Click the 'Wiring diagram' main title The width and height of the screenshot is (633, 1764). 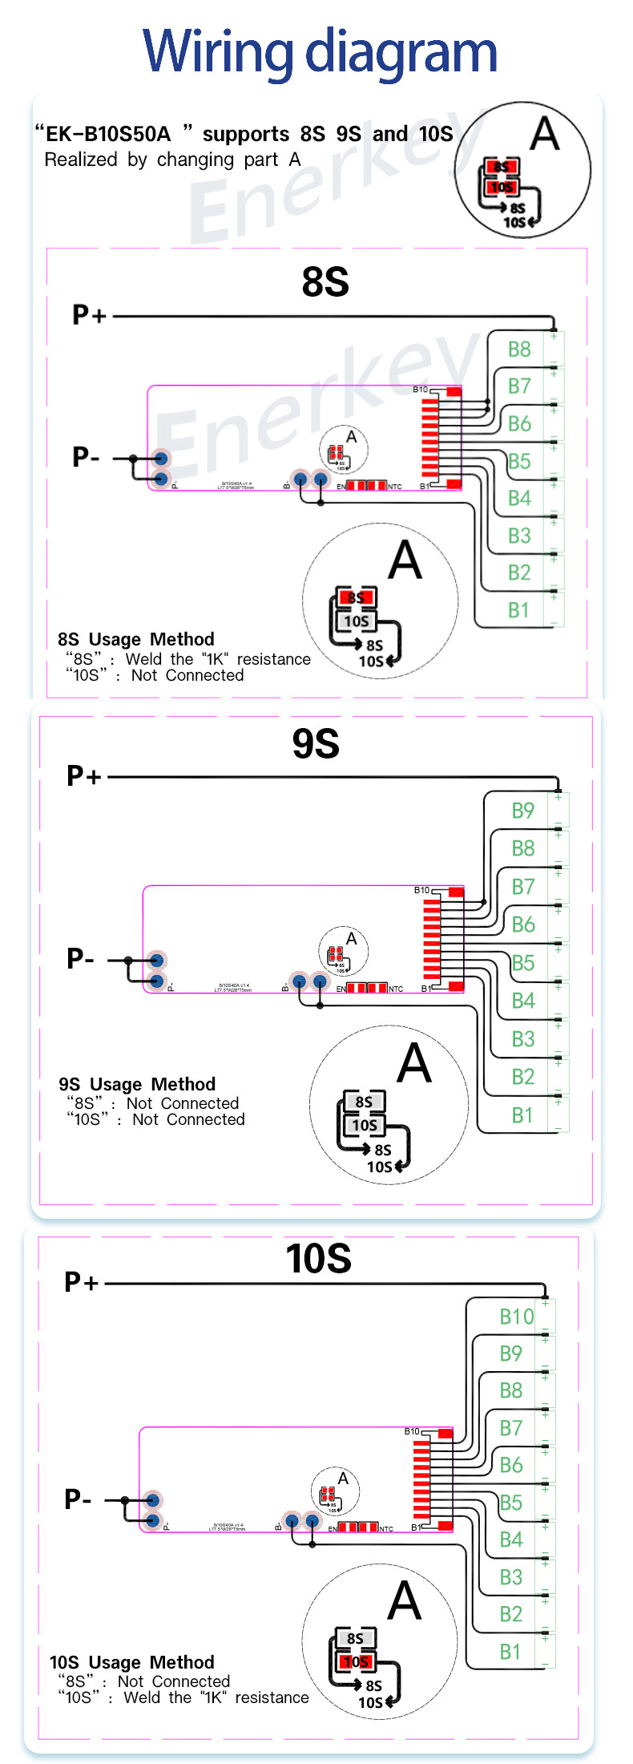320,51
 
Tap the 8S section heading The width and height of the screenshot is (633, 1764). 325,282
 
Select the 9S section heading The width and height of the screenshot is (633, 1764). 316,744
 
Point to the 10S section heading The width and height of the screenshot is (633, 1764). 318,1258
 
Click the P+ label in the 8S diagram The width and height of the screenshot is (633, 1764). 89,315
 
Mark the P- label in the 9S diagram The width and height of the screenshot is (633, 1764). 80,958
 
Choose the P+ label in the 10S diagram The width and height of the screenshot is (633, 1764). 81,1282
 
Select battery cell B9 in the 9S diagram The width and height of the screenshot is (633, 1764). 523,811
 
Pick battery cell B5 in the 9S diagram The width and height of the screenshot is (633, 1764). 523,963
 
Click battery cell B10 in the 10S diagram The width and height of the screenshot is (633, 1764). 516,1317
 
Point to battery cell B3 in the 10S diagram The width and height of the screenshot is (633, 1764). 511,1577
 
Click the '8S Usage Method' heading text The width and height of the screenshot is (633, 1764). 136,639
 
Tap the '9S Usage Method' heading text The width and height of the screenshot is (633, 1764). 137,1084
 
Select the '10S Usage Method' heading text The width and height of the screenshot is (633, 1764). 132,1662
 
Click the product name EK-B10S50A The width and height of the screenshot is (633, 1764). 108,134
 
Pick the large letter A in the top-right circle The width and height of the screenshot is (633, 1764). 545,133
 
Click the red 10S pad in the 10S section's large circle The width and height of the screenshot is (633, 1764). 356,1661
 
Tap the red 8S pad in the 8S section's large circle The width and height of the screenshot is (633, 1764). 356,597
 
